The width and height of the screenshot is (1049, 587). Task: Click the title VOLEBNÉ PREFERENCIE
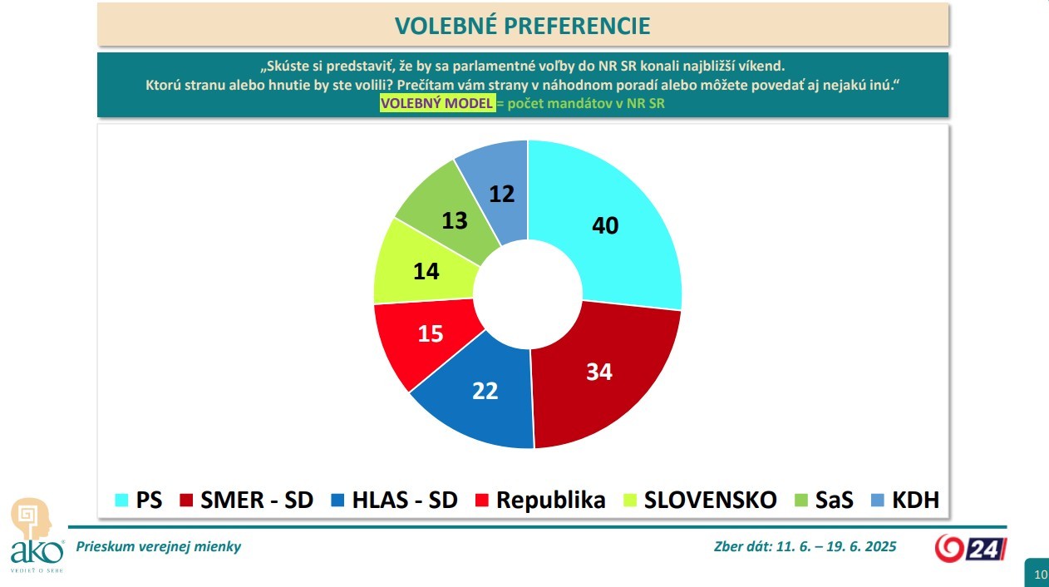[x=523, y=25]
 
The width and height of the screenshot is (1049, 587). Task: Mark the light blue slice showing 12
[x=499, y=187]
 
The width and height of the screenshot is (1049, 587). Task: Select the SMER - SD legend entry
[x=246, y=500]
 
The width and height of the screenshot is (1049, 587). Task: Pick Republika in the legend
[x=539, y=500]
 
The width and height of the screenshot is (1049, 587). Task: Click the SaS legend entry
[x=822, y=500]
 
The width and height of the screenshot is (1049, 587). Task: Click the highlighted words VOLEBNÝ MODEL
[x=436, y=104]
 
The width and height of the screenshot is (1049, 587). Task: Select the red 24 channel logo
[x=971, y=548]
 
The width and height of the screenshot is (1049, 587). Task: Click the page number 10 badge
[x=1039, y=574]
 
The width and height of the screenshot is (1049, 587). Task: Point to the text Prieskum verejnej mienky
[x=158, y=546]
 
